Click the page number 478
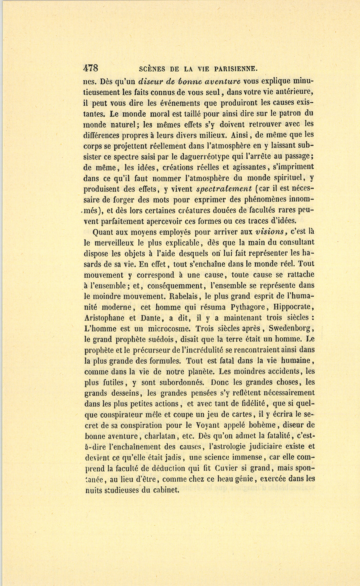91,68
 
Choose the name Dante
150,318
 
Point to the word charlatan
154,436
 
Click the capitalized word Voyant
210,425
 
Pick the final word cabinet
165,490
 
